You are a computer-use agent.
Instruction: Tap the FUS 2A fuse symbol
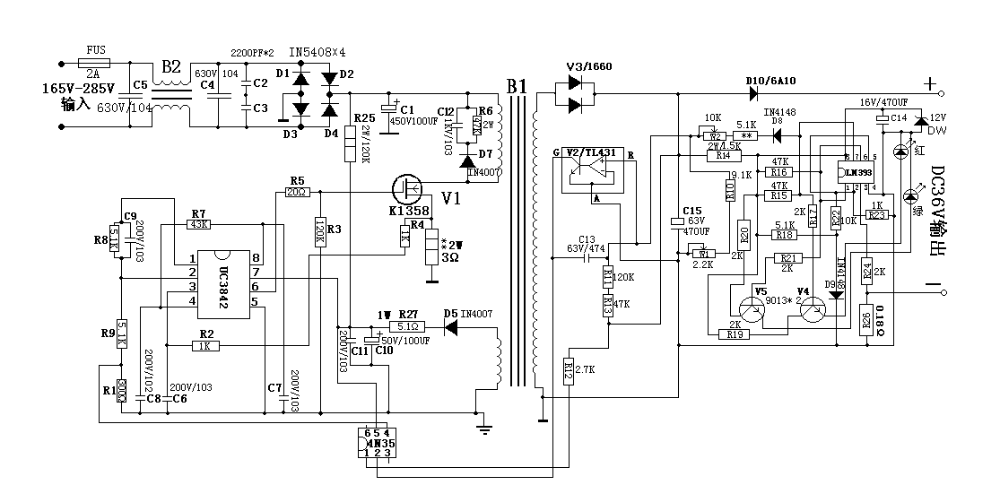point(94,64)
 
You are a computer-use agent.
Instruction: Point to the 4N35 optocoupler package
point(373,443)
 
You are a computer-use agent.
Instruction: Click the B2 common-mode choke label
point(171,68)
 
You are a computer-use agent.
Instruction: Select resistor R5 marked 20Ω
point(297,192)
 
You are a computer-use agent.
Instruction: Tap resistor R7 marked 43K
point(198,224)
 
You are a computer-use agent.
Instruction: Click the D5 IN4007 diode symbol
point(451,328)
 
